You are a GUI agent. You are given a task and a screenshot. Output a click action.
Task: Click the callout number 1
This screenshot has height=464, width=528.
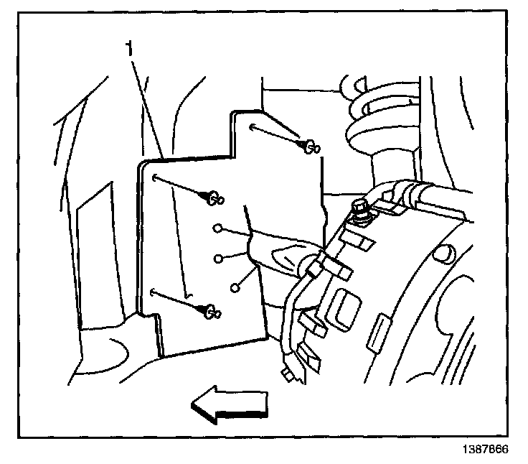point(129,50)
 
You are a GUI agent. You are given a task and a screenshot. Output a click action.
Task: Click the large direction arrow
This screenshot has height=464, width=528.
point(227,407)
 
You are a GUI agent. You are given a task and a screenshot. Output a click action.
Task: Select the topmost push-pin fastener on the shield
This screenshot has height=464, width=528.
point(311,147)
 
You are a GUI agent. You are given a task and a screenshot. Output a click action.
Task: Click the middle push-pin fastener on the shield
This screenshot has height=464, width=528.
point(214,196)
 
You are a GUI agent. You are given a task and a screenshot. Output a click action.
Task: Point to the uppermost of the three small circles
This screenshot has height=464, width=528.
point(217,229)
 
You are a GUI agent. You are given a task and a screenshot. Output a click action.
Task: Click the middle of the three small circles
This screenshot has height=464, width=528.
point(218,256)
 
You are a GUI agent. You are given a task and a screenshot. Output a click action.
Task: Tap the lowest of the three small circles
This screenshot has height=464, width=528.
point(235,287)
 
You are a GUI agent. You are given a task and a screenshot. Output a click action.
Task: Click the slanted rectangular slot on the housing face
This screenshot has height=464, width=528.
point(379,335)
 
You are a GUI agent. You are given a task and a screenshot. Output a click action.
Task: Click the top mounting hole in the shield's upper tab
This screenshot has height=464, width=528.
point(254,128)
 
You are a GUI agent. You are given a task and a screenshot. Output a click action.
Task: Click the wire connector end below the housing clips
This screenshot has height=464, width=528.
point(286,374)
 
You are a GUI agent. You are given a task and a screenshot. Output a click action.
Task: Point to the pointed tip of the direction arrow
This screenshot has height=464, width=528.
point(192,407)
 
